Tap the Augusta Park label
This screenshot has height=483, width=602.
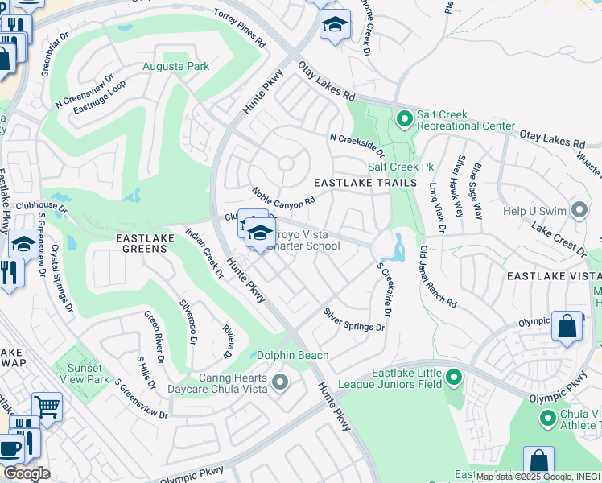pos(175,66)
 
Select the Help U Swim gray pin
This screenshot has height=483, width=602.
pos(579,212)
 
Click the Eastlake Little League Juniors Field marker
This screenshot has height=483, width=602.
pos(454,378)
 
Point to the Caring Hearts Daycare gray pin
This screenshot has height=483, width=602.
pos(280,382)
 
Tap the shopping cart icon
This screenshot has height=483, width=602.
pos(47,407)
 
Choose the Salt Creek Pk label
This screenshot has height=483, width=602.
pos(400,167)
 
